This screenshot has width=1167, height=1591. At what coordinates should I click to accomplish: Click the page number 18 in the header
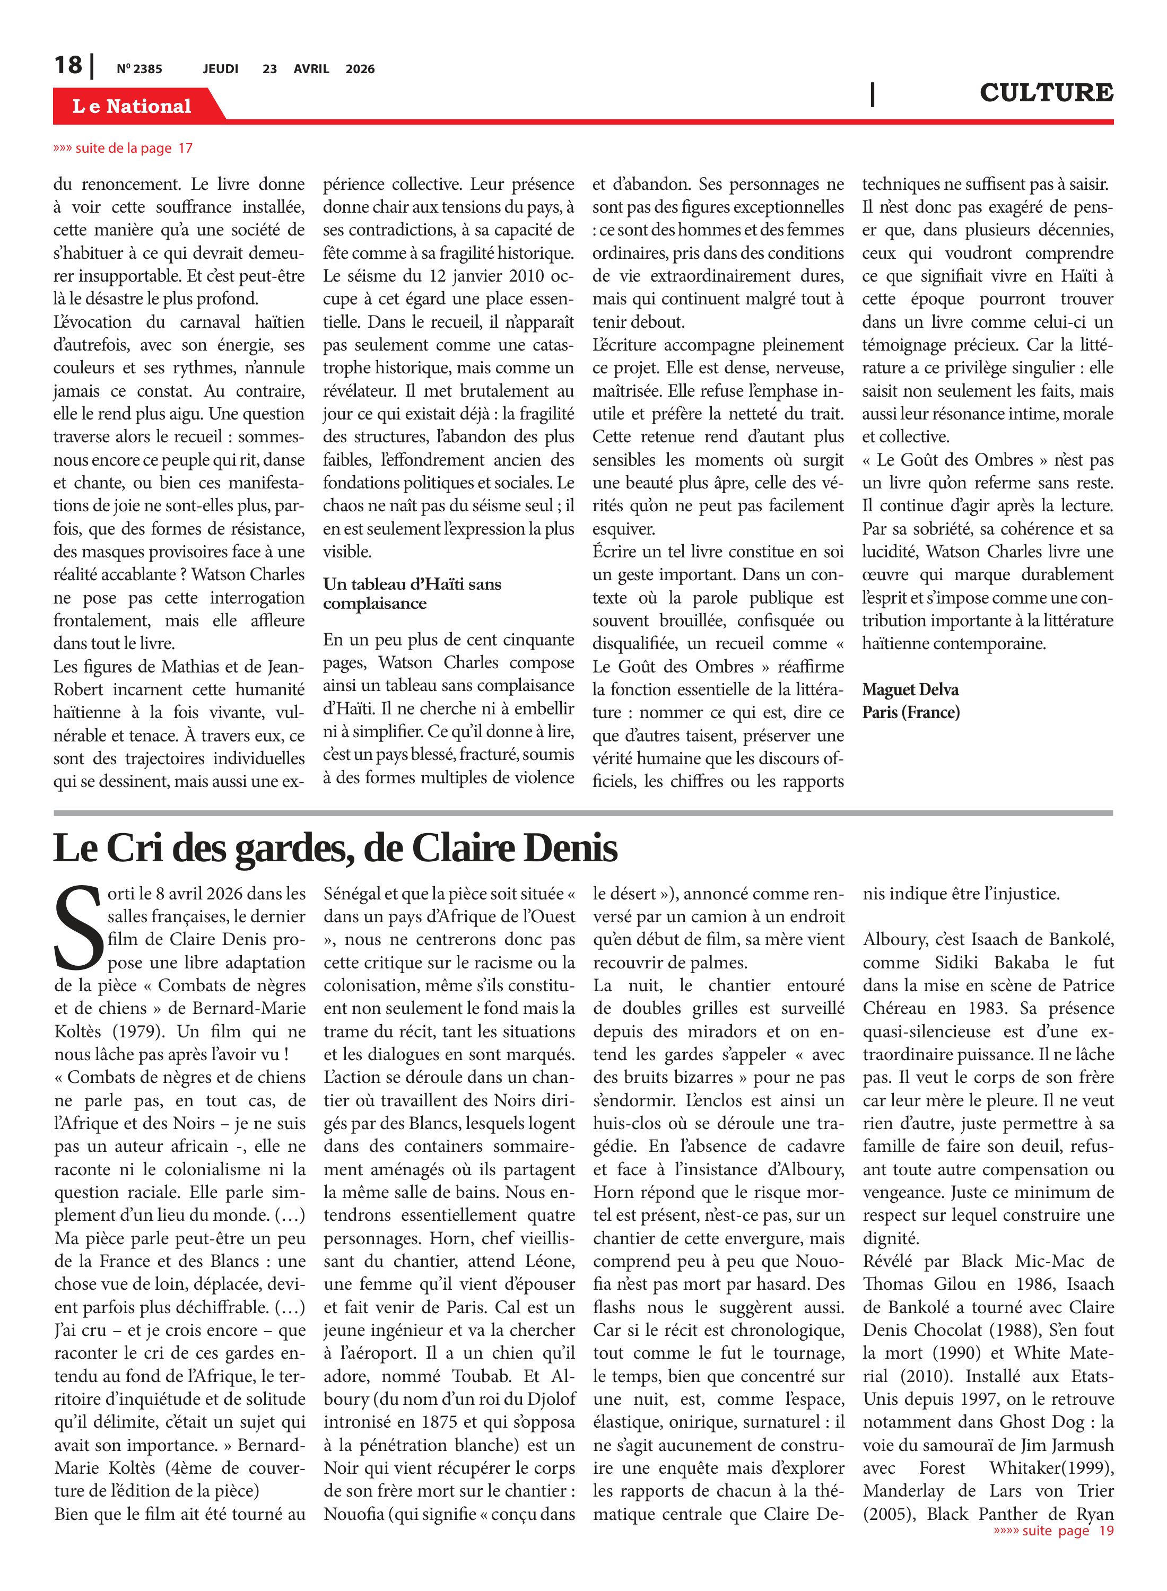(x=68, y=65)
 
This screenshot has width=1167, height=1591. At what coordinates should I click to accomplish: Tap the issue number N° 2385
(x=139, y=69)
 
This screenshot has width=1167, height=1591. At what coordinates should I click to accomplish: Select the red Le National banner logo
(x=132, y=106)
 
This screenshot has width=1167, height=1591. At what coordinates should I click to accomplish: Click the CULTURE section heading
(x=1046, y=92)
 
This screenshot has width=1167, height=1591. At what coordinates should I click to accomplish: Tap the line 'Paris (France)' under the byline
(x=911, y=712)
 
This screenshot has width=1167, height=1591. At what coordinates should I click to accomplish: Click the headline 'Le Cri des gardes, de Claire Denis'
(x=336, y=847)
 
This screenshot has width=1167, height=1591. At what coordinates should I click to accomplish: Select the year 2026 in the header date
(x=360, y=69)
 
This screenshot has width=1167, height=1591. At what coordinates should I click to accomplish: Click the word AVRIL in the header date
(x=311, y=69)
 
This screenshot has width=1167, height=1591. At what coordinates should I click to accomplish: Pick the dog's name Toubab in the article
(x=481, y=1376)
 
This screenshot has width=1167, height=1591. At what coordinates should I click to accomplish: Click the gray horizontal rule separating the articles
(x=583, y=814)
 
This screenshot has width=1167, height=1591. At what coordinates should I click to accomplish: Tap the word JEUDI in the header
(x=220, y=69)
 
